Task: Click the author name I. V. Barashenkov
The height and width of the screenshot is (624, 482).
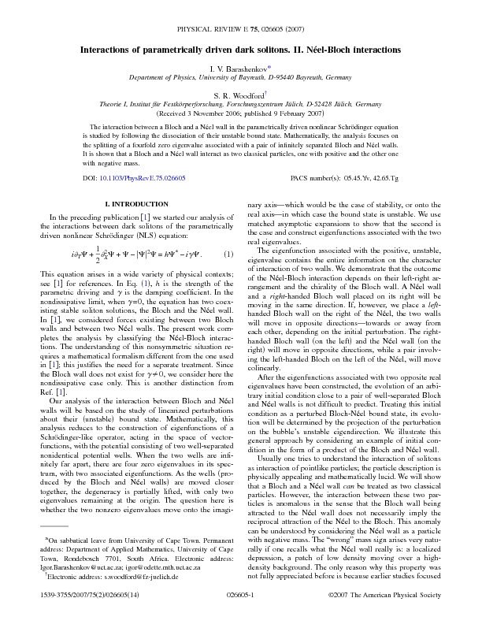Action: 238,69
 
